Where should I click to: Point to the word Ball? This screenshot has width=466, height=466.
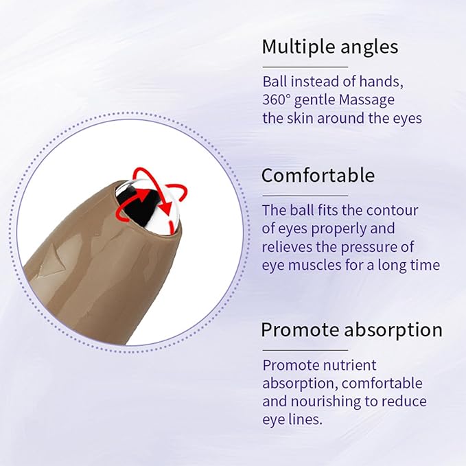coord(275,81)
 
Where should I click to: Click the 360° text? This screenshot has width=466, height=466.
coord(277,100)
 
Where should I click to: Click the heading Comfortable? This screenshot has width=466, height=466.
coord(318,175)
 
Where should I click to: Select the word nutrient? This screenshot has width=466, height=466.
coord(350,364)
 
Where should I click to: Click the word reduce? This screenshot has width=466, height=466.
coord(406,401)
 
